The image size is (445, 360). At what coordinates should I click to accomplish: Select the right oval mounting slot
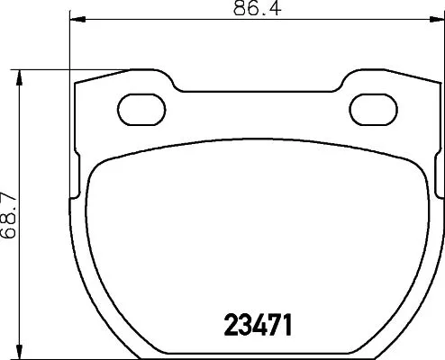(371, 109)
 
